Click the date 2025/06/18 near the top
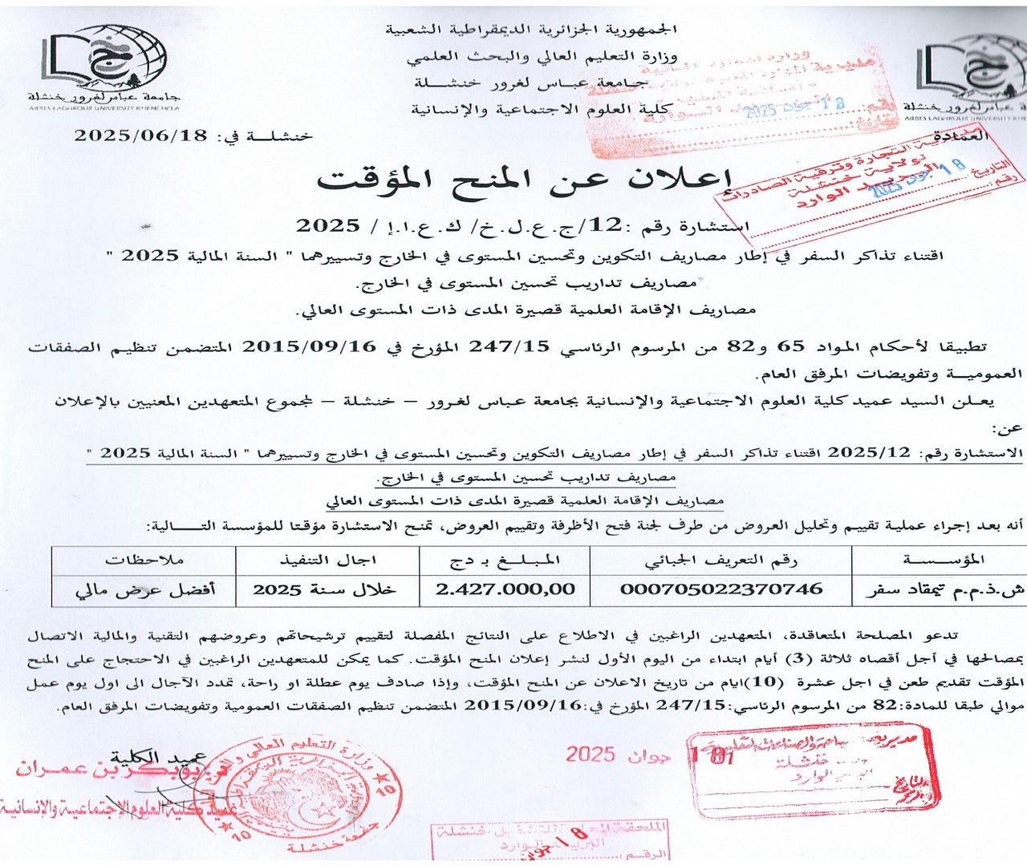140,136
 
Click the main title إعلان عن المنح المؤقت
526,180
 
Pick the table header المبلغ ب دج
505,560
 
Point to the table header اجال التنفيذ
327,560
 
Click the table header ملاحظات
144,560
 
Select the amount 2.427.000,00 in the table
505,589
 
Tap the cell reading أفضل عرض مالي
145,590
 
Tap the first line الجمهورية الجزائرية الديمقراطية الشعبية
530,30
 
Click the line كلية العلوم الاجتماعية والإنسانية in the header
542,109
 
